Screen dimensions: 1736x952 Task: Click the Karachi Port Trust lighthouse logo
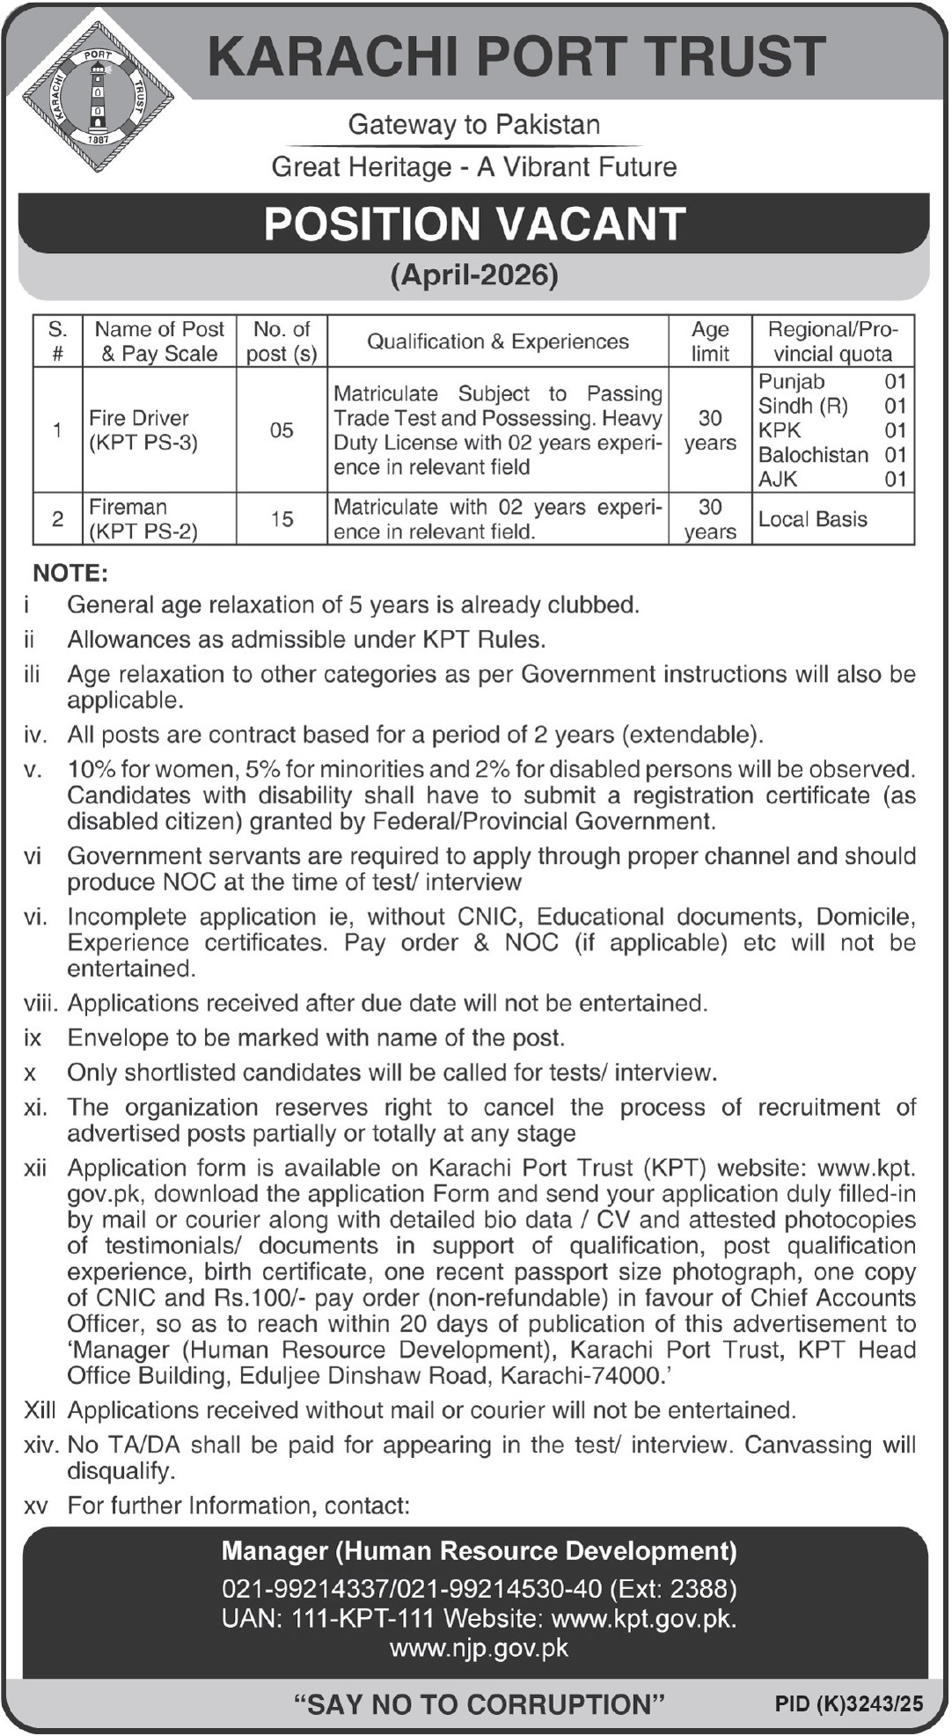coord(97,98)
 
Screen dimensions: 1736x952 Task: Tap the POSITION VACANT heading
coord(475,224)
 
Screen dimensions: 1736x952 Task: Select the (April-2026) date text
coord(474,275)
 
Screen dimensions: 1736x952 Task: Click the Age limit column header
coord(710,341)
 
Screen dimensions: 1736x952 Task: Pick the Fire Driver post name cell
coord(143,430)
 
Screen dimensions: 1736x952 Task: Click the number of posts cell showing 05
coord(282,430)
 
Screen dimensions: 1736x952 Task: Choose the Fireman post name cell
coord(143,519)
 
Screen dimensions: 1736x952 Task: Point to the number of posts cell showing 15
coord(282,519)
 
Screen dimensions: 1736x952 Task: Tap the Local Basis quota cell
coord(813,519)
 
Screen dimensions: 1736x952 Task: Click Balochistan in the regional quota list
coord(813,455)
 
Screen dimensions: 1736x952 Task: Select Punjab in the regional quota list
coord(792,382)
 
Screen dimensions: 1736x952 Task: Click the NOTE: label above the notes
coord(70,574)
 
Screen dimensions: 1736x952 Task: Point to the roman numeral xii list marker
coord(35,1168)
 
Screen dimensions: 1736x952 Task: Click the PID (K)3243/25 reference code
coord(849,1704)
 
